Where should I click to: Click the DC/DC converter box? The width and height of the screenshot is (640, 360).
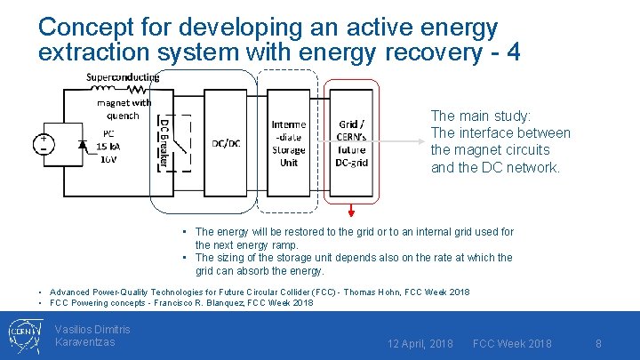(225, 143)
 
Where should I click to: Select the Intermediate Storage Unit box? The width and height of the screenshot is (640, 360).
(289, 143)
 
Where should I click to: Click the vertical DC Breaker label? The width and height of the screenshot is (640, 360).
(164, 142)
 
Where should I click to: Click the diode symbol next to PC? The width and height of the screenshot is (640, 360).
(84, 144)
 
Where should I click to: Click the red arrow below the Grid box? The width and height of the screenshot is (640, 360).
(352, 210)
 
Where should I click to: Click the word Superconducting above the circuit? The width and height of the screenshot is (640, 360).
(123, 76)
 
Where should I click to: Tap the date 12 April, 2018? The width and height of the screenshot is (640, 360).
(420, 343)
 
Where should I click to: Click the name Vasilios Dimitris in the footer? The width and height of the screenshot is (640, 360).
(92, 330)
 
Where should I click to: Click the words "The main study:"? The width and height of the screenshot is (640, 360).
(481, 116)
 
